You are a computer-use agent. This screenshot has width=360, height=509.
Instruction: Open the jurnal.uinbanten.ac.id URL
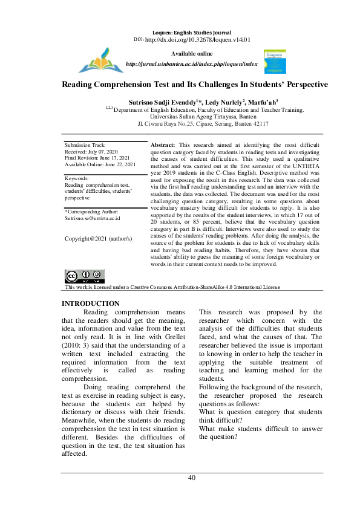pyautogui.click(x=191, y=63)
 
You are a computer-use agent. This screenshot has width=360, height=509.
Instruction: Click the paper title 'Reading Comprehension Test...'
pyautogui.click(x=195, y=85)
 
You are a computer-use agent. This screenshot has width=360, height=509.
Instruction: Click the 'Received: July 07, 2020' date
pyautogui.click(x=91, y=152)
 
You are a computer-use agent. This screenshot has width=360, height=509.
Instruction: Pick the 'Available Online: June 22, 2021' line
pyautogui.click(x=100, y=164)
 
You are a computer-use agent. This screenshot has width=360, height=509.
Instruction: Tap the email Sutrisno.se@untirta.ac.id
pyautogui.click(x=93, y=218)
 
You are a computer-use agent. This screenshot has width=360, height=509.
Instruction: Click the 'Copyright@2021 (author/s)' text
pyautogui.click(x=99, y=238)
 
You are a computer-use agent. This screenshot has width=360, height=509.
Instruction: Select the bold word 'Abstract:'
pyautogui.click(x=162, y=146)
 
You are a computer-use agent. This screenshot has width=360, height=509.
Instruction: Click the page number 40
pyautogui.click(x=192, y=478)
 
